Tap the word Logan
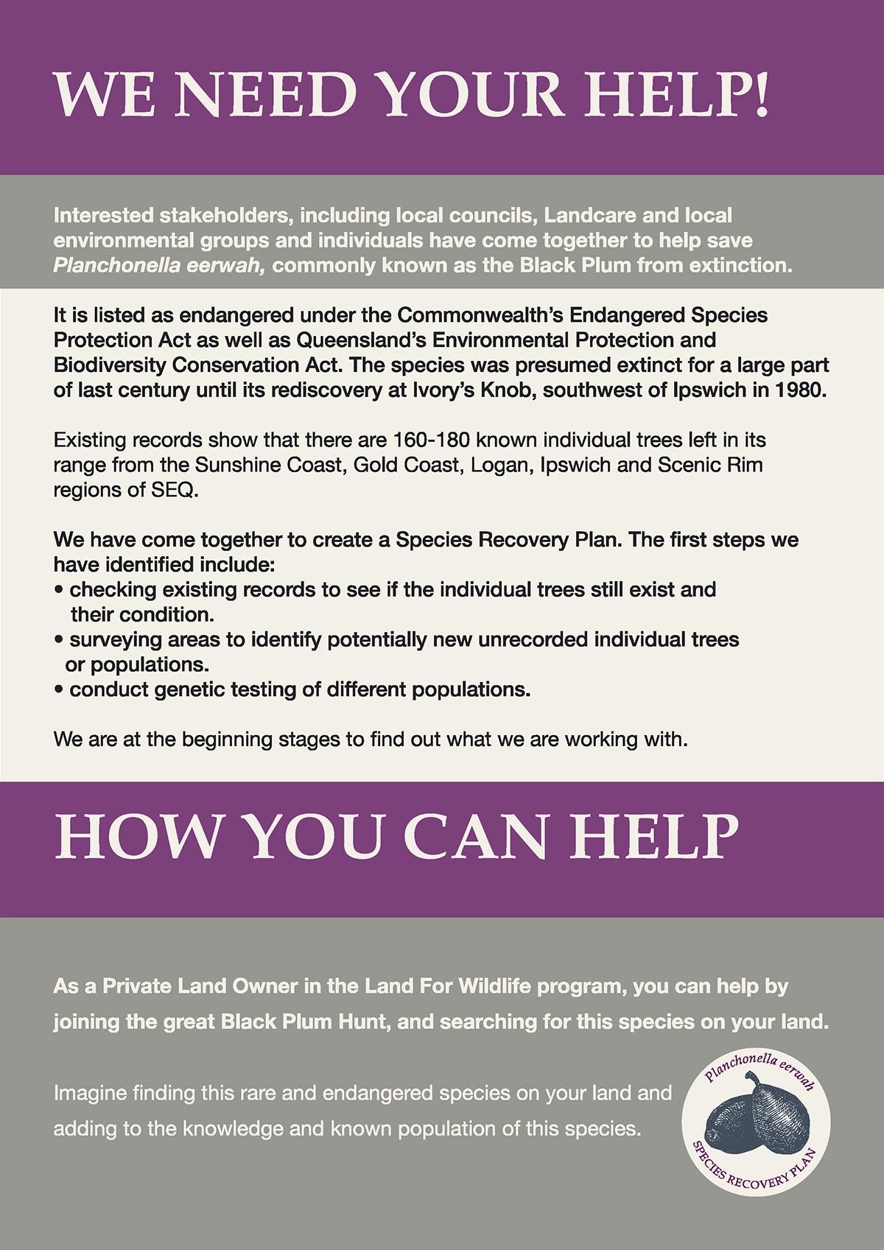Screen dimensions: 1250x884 [499, 466]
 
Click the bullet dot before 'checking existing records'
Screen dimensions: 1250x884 [58, 591]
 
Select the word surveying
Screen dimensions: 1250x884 [118, 640]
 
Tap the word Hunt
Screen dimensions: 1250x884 [361, 1022]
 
